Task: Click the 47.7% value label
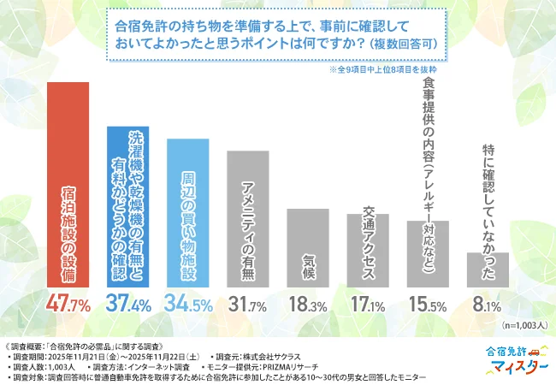pyautogui.click(x=68, y=304)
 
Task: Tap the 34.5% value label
pyautogui.click(x=188, y=304)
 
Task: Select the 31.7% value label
pyautogui.click(x=248, y=304)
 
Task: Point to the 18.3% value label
pyautogui.click(x=308, y=304)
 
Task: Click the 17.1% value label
pyautogui.click(x=368, y=304)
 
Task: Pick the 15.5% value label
pyautogui.click(x=428, y=304)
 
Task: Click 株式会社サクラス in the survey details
pyautogui.click(x=275, y=353)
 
